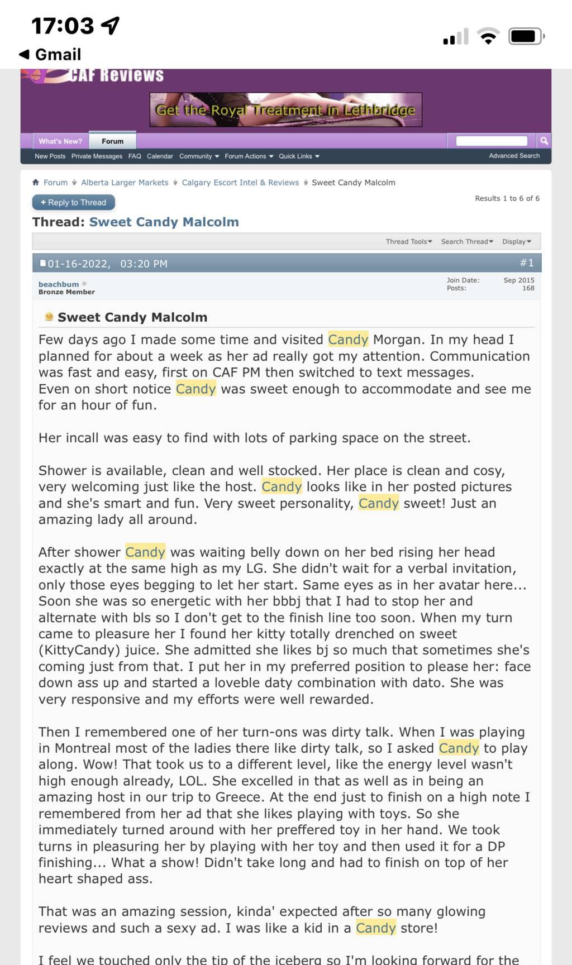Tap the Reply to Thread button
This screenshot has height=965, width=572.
74,203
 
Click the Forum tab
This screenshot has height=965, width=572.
112,141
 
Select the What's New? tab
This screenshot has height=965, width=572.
60,141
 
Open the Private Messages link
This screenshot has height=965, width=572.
97,156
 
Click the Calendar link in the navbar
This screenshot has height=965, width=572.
160,156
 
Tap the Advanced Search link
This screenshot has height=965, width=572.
514,156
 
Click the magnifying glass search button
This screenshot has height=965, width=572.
544,141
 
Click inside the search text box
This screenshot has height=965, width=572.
492,141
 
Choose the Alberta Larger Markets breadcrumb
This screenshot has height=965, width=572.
125,183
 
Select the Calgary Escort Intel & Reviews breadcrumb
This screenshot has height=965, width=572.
240,183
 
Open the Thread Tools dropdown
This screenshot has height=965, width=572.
409,242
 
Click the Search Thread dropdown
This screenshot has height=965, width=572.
467,242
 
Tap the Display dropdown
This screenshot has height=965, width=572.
517,242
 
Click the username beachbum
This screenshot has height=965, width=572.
59,284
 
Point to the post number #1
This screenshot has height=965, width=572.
527,263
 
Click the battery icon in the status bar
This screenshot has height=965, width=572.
526,37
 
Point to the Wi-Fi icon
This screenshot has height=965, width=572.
488,37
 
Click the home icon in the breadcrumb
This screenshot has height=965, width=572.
36,183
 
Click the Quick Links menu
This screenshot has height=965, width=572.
299,156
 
